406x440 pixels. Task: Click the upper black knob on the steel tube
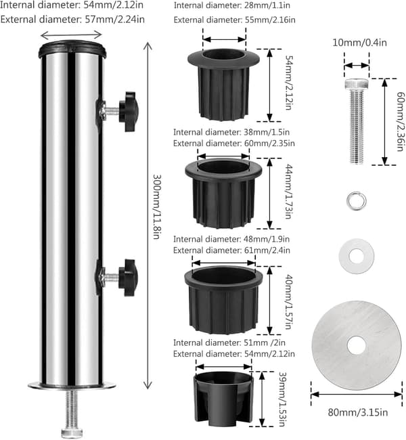click(x=129, y=112)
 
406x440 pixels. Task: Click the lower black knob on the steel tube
click(x=128, y=278)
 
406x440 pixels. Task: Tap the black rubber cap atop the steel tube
click(x=72, y=49)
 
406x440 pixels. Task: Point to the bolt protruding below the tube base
click(x=72, y=413)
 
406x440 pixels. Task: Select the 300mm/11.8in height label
click(x=156, y=206)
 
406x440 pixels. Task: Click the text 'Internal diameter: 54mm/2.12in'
click(x=72, y=5)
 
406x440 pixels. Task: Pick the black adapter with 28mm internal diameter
click(x=223, y=84)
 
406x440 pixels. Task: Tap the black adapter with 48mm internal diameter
click(x=223, y=300)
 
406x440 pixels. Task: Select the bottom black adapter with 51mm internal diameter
click(x=223, y=399)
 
